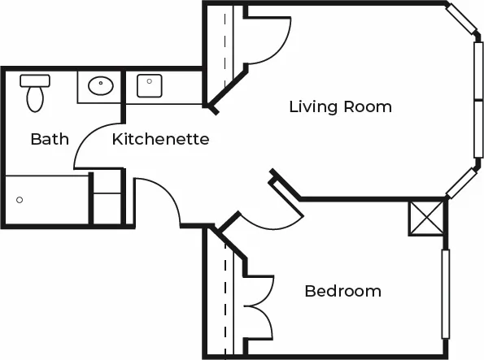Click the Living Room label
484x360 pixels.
(x=341, y=107)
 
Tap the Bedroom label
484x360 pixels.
(x=343, y=291)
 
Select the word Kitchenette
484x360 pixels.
(x=160, y=139)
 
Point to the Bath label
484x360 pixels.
(x=50, y=139)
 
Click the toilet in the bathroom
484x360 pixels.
(x=35, y=93)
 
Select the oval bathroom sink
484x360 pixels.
(x=101, y=85)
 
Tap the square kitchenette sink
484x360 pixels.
(x=150, y=86)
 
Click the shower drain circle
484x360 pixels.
(x=20, y=200)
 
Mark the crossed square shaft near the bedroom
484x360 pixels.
(x=426, y=219)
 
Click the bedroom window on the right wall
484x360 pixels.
(x=446, y=294)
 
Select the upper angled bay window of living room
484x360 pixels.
(x=461, y=19)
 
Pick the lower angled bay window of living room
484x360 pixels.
(x=462, y=183)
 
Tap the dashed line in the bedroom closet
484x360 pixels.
(x=225, y=298)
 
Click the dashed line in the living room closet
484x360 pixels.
(x=225, y=50)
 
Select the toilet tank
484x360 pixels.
(x=35, y=80)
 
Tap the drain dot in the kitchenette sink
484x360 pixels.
(x=150, y=81)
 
